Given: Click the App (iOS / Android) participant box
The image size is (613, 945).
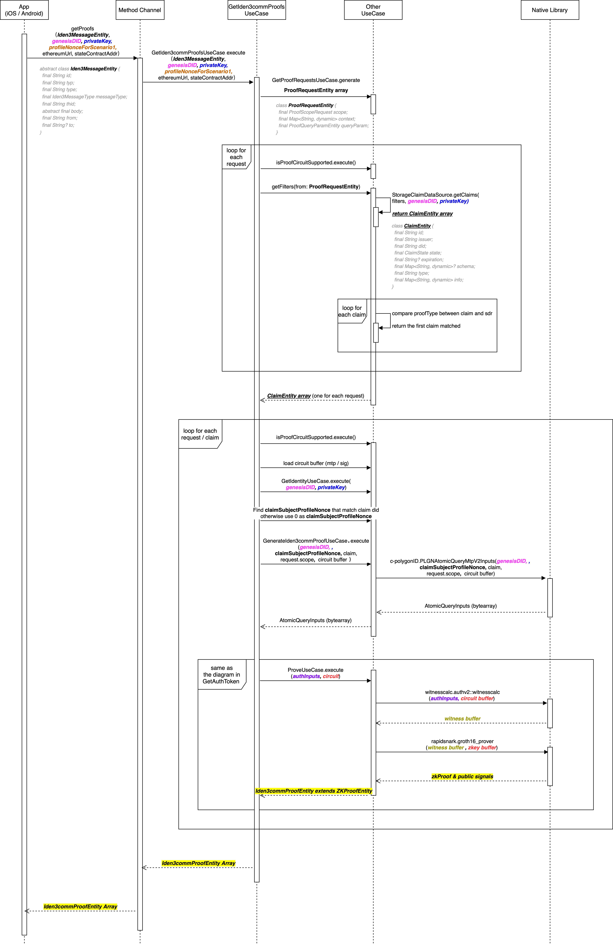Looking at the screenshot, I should point(24,10).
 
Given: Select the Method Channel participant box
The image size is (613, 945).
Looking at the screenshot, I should point(140,10).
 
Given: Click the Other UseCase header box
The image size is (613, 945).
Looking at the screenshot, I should point(373,10).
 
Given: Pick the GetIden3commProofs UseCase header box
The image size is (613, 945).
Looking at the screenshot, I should point(257,10).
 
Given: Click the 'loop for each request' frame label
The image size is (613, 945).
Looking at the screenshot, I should point(236,157).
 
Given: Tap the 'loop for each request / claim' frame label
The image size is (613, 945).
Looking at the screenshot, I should point(200,434).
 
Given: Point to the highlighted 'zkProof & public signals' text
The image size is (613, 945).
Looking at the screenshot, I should point(462,776).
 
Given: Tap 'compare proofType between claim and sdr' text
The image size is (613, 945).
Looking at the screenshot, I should point(442,313).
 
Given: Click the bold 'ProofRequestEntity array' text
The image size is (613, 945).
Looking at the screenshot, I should point(316,90).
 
